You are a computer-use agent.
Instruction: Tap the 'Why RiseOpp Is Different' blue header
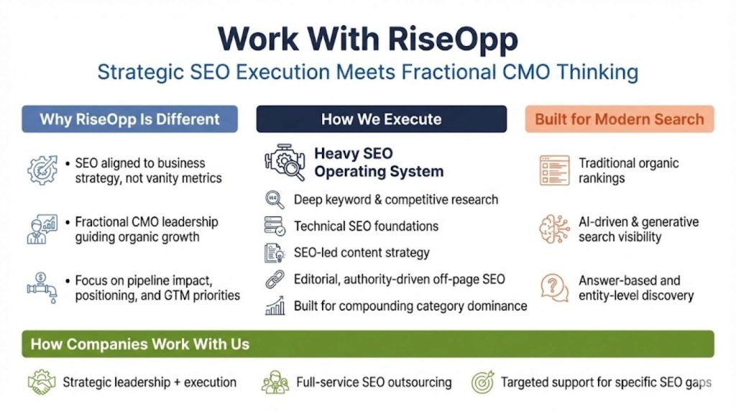pyautogui.click(x=129, y=119)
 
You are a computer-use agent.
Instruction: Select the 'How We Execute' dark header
pyautogui.click(x=381, y=119)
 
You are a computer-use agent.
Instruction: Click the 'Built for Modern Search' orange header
pyautogui.click(x=620, y=119)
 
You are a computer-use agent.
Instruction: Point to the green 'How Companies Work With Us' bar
pyautogui.click(x=368, y=344)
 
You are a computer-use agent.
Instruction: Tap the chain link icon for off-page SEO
pyautogui.click(x=275, y=280)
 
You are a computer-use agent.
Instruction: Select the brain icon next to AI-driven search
pyautogui.click(x=554, y=229)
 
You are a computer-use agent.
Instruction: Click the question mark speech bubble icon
pyautogui.click(x=554, y=287)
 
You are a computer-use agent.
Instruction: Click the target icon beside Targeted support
pyautogui.click(x=482, y=382)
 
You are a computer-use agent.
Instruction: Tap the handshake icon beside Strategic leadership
pyautogui.click(x=42, y=382)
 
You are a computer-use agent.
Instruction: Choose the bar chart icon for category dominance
pyautogui.click(x=275, y=307)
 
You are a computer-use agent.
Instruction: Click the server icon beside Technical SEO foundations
pyautogui.click(x=275, y=226)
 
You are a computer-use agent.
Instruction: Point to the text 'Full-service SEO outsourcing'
pyautogui.click(x=374, y=382)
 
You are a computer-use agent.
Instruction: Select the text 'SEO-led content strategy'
pyautogui.click(x=362, y=252)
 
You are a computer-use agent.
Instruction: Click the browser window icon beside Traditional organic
pyautogui.click(x=554, y=170)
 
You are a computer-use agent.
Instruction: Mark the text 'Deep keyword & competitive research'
pyautogui.click(x=396, y=199)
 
